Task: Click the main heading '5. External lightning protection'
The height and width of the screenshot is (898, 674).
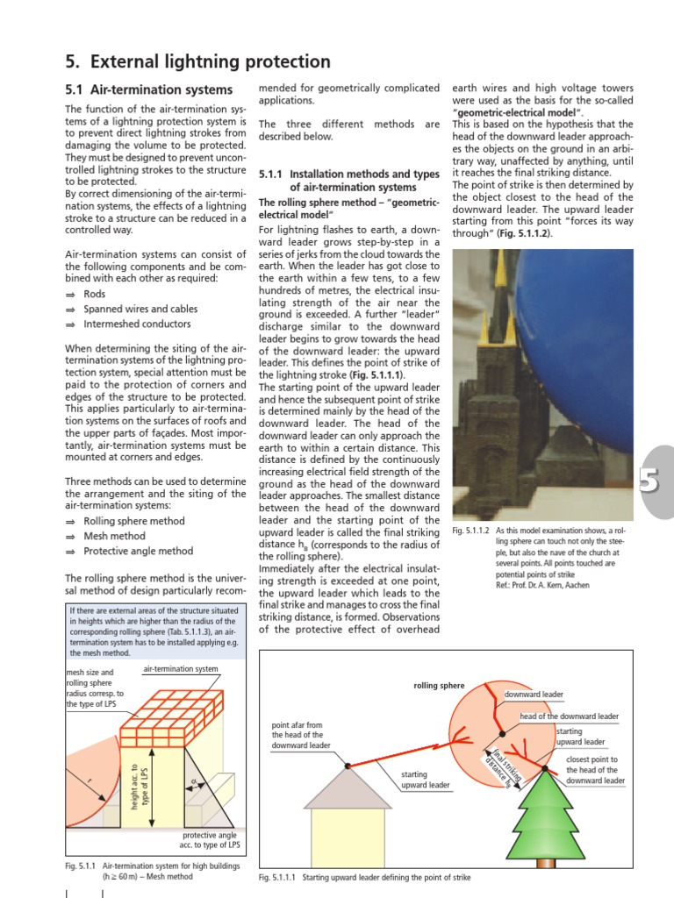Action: pyautogui.click(x=198, y=61)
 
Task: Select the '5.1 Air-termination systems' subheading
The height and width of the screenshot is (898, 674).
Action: pyautogui.click(x=149, y=89)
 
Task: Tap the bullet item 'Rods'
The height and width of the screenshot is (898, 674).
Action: pyautogui.click(x=96, y=294)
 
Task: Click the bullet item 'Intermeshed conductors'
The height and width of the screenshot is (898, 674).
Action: pyautogui.click(x=140, y=324)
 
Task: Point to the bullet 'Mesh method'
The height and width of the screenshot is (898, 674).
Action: pyautogui.click(x=114, y=536)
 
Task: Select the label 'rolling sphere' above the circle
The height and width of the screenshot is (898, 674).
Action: pyautogui.click(x=440, y=685)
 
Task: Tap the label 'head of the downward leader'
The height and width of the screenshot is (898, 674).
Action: pyautogui.click(x=569, y=716)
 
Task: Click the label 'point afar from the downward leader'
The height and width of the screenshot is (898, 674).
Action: pyautogui.click(x=298, y=736)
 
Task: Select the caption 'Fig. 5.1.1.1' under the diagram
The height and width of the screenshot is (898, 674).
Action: pyautogui.click(x=279, y=877)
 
